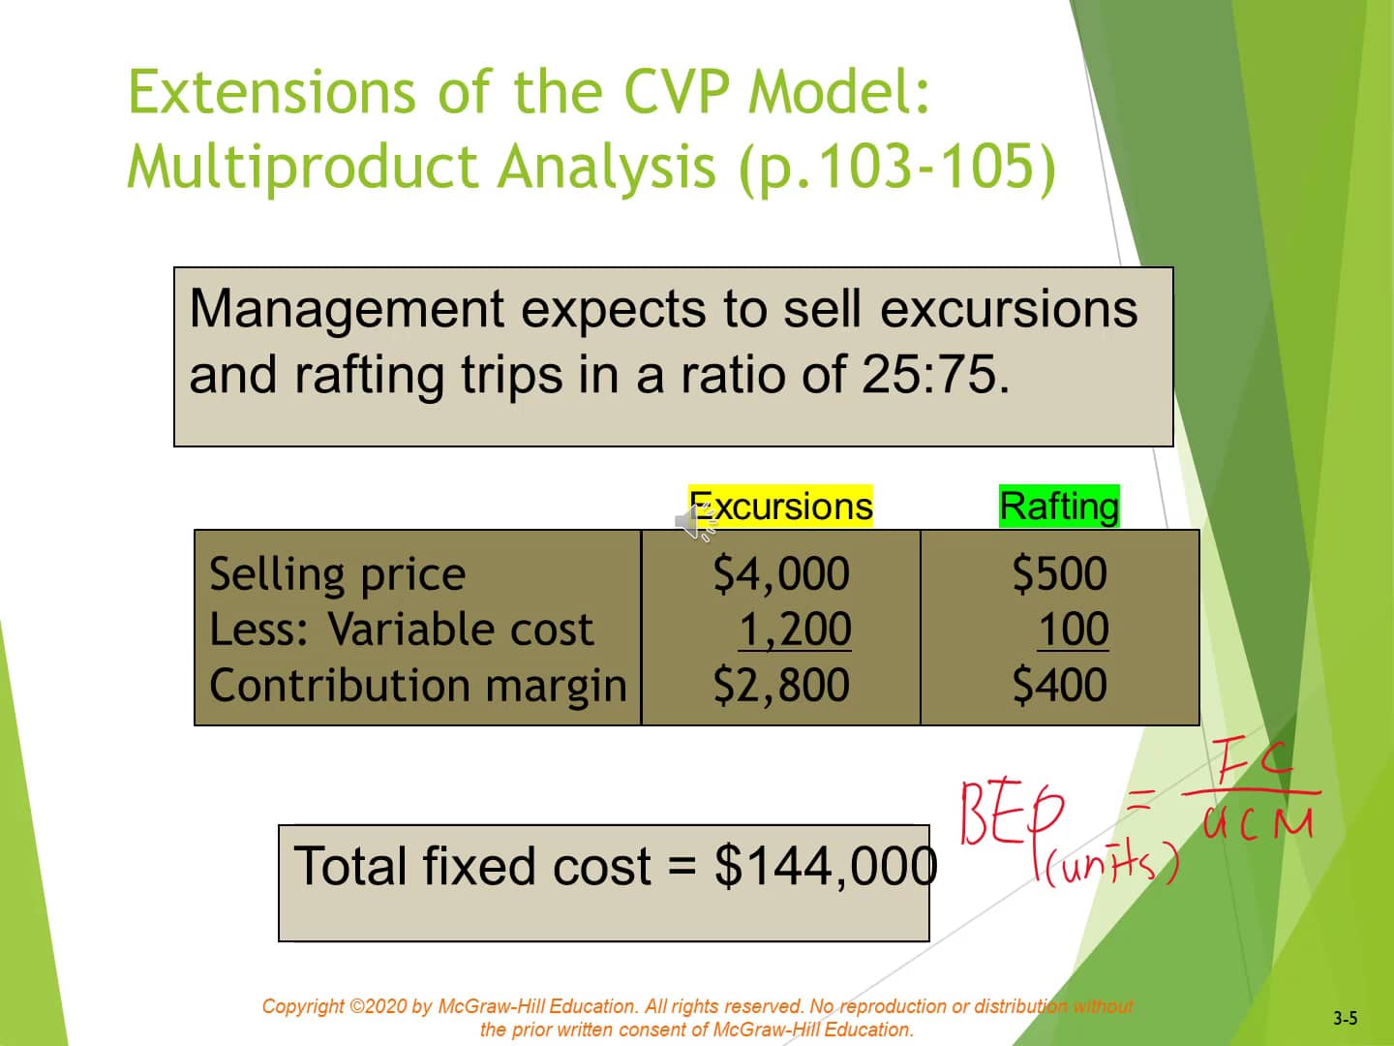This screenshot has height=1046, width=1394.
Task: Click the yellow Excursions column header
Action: pos(780,507)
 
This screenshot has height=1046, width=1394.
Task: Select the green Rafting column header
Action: pos(1059,507)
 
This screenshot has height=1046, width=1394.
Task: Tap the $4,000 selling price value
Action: pos(781,573)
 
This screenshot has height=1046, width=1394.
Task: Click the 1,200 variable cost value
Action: pos(794,630)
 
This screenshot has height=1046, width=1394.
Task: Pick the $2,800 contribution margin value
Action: pos(781,685)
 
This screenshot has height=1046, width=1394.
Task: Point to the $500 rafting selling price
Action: pos(1059,573)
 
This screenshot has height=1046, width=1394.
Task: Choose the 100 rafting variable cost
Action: pos(1073,630)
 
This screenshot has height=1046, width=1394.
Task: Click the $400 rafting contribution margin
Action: pos(1059,685)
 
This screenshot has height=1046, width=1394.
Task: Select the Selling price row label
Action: pos(337,574)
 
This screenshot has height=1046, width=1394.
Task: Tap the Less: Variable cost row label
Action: pos(401,630)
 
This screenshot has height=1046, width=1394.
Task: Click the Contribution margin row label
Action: pos(418,686)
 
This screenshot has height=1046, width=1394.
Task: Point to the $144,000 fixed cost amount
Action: pos(826,865)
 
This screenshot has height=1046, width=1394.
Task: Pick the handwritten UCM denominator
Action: pos(1258,823)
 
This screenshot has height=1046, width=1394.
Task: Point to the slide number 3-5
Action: pos(1345,1018)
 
